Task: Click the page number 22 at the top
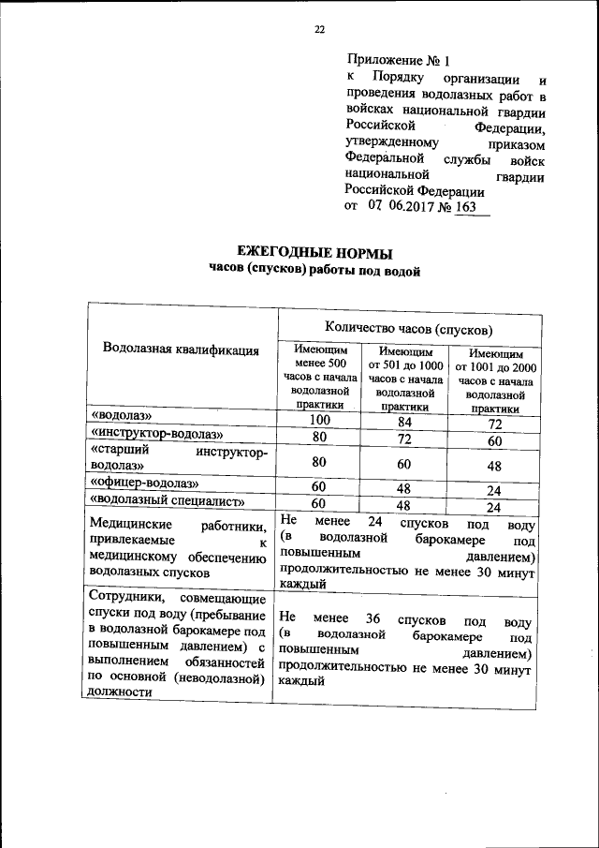point(318,30)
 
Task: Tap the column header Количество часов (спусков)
point(409,327)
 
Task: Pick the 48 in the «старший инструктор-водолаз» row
point(496,465)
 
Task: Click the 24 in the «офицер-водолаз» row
point(496,489)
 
